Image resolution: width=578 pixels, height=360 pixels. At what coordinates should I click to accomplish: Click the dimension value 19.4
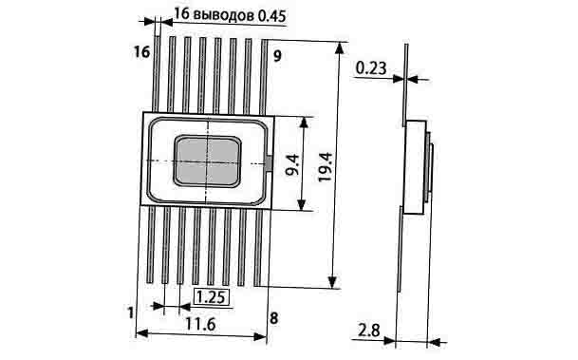(326, 167)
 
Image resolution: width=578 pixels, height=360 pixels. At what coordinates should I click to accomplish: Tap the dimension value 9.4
(293, 164)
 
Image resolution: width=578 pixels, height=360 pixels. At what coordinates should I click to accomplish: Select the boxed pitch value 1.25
(212, 297)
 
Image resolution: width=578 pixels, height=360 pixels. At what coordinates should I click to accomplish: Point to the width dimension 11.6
(200, 324)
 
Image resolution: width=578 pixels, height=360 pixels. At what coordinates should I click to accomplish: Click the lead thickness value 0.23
(371, 68)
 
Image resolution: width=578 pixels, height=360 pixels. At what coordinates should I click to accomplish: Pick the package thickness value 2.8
(369, 331)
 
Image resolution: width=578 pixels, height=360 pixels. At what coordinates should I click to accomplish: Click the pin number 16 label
(142, 52)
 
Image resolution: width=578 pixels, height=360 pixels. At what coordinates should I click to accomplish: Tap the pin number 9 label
(277, 56)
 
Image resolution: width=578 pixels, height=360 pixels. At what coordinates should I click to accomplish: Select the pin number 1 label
(130, 313)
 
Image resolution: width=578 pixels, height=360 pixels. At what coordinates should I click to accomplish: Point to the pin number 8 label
(274, 318)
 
